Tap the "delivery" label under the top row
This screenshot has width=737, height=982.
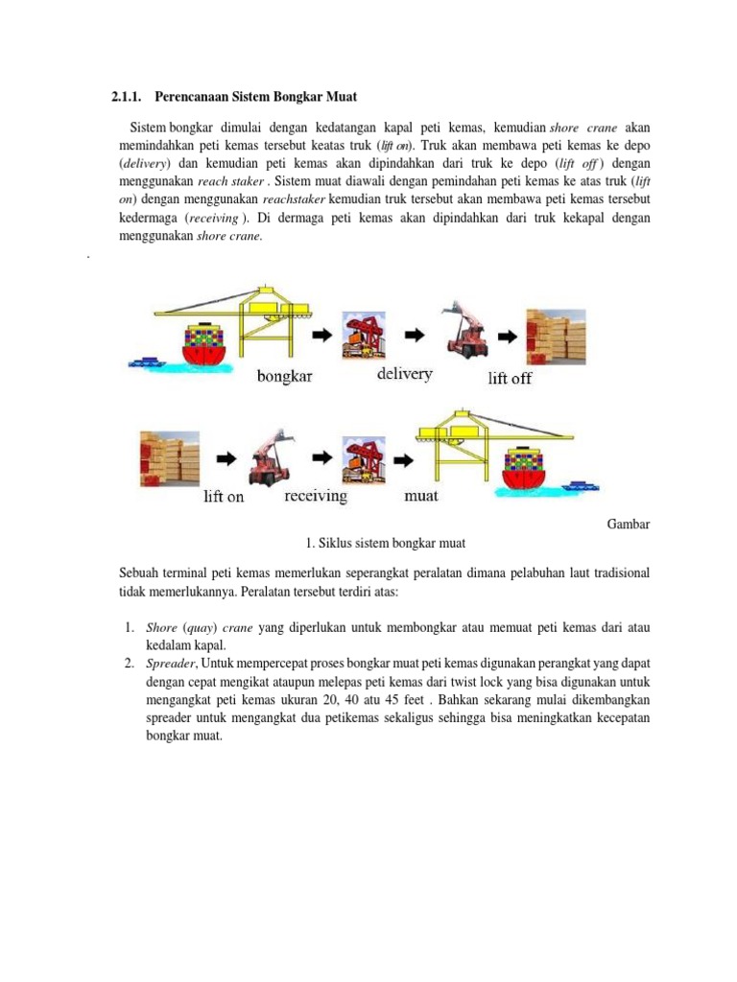click(404, 373)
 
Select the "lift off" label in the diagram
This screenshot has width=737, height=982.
click(510, 378)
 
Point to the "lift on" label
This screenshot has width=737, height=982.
click(224, 498)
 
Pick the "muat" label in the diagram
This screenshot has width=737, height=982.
click(421, 496)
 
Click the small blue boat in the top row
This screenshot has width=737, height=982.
click(147, 363)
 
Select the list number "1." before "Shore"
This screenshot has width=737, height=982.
click(130, 627)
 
